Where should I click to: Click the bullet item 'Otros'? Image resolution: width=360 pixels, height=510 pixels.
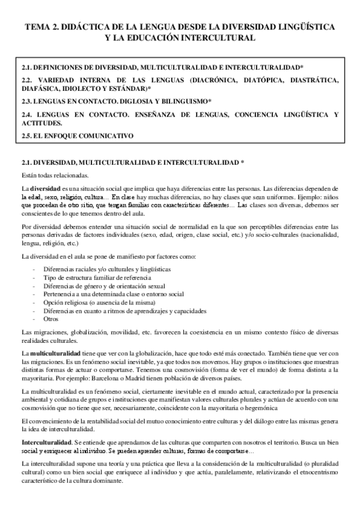[51, 319]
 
